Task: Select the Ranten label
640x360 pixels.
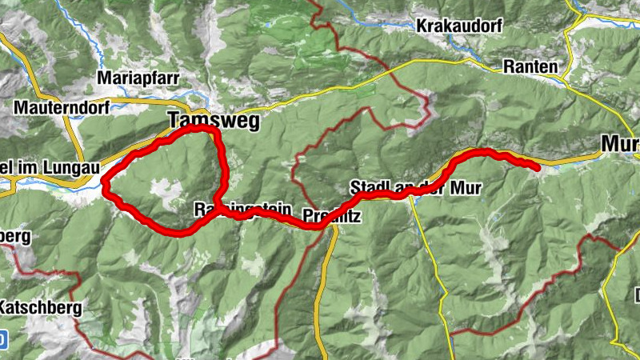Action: tap(530, 67)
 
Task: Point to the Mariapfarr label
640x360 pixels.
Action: tap(137, 78)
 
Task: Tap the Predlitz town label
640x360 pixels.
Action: tap(332, 216)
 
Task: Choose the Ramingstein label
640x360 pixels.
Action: tap(242, 209)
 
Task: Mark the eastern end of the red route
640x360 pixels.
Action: tap(535, 166)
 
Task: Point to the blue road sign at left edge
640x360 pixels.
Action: tap(2, 340)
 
